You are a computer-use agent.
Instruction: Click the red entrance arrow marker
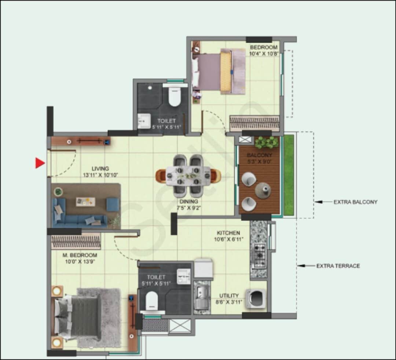pos(40,163)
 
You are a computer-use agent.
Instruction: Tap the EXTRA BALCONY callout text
pos(355,202)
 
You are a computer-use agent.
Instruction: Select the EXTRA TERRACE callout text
pos(338,266)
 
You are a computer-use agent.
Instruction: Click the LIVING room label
pos(100,168)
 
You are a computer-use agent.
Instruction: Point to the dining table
pos(188,176)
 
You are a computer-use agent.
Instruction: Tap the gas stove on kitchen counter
pos(260,255)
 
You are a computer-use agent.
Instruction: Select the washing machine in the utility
pos(256,298)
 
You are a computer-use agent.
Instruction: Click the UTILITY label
pos(229,295)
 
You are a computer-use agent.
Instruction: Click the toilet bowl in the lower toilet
pos(150,301)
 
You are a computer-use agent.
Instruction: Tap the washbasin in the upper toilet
pos(144,121)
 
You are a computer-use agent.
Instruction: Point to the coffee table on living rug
pos(85,201)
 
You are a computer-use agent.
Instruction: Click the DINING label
pos(188,201)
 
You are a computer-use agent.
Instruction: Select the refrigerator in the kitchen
pos(203,269)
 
